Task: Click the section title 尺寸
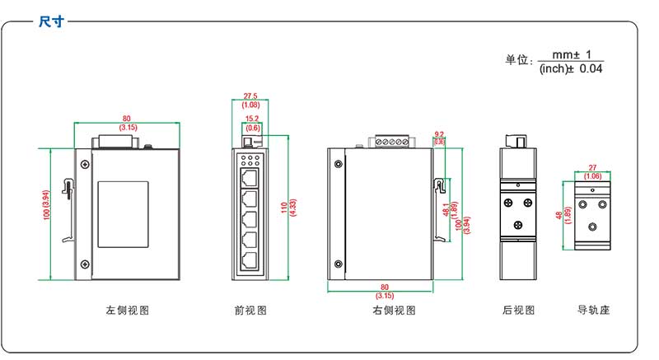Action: pyautogui.click(x=51, y=22)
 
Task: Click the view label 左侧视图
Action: pyautogui.click(x=128, y=311)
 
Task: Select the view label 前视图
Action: pyautogui.click(x=250, y=311)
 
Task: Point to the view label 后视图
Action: pyautogui.click(x=518, y=311)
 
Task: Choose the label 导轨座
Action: pyautogui.click(x=594, y=311)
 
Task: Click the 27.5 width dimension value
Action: pyautogui.click(x=250, y=96)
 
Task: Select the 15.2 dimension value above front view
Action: pyautogui.click(x=253, y=119)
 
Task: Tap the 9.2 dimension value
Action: pyautogui.click(x=439, y=133)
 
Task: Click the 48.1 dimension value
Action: pyautogui.click(x=446, y=211)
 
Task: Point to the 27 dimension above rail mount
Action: pyautogui.click(x=592, y=167)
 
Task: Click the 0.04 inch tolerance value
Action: pyautogui.click(x=591, y=69)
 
